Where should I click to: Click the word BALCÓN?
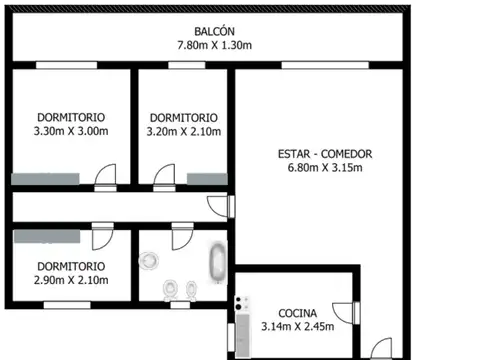(209, 29)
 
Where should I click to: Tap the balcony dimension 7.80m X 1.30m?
(209, 45)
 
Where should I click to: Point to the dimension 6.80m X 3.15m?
(325, 168)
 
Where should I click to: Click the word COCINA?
(297, 312)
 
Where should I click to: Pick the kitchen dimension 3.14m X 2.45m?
(297, 326)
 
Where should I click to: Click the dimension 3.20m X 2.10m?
(183, 131)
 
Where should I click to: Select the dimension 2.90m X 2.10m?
(70, 280)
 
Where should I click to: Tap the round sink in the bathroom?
(149, 260)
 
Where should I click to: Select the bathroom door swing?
(181, 238)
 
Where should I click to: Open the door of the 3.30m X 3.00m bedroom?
(103, 176)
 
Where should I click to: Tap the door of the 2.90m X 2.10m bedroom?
(102, 238)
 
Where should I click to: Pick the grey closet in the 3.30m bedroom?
(45, 178)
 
